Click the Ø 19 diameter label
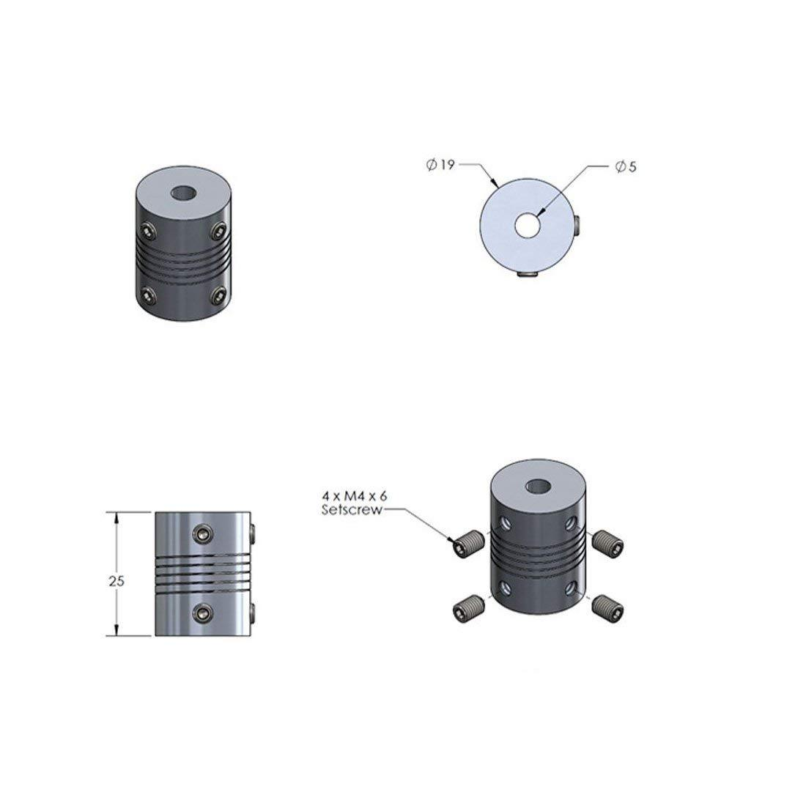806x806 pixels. click(440, 166)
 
